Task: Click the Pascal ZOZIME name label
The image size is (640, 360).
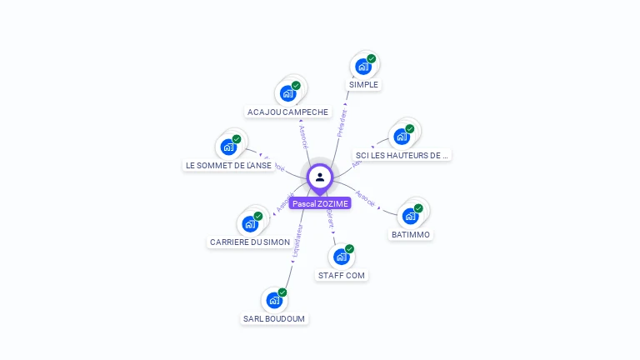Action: click(320, 203)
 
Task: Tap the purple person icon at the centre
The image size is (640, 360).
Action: click(320, 177)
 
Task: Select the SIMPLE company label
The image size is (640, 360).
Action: click(363, 85)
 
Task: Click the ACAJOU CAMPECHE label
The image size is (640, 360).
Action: click(288, 112)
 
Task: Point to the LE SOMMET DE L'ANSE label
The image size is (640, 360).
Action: click(228, 165)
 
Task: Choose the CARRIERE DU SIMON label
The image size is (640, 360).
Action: click(250, 242)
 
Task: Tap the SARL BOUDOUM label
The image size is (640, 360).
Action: click(274, 318)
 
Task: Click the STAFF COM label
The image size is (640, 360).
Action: click(342, 275)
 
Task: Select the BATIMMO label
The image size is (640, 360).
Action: click(411, 235)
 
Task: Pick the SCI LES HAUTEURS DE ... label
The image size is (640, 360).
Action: click(402, 155)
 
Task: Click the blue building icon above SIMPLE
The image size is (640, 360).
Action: click(362, 67)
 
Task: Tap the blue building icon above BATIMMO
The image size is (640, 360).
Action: click(410, 216)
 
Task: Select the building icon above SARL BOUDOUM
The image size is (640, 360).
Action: click(273, 300)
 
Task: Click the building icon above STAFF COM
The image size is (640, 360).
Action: click(341, 257)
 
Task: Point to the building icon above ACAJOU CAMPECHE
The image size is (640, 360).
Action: click(287, 93)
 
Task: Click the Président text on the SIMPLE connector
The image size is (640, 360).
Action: click(341, 121)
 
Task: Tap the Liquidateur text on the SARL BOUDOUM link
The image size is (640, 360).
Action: click(296, 242)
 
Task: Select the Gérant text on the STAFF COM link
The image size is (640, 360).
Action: click(330, 219)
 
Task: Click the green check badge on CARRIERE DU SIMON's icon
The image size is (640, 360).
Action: click(258, 216)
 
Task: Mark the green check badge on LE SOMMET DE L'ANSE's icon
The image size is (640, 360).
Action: click(237, 139)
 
